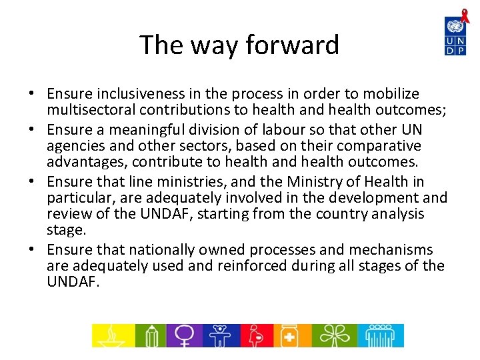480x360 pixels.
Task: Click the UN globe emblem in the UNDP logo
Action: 455,27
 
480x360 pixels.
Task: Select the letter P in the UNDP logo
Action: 460,49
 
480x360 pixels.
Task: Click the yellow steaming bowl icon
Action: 112,335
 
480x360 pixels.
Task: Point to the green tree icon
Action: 331,335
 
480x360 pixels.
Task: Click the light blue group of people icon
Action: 380,335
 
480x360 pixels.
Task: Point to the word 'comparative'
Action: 379,145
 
